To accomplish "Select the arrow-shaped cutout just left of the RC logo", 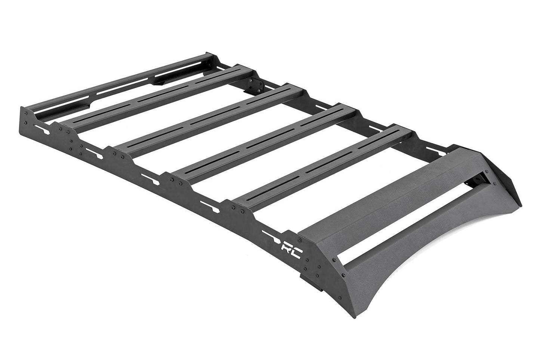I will coord(271,235).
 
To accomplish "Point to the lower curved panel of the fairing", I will coord(404,262).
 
